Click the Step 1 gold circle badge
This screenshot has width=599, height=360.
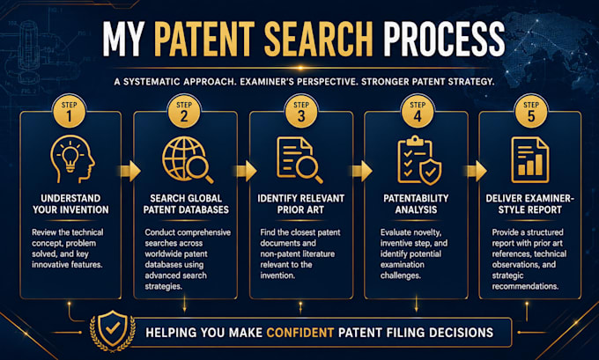point(69,112)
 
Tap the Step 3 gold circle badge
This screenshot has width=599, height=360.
point(301,112)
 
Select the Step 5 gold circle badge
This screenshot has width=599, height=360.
point(531,112)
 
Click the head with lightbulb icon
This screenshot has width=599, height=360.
point(72,158)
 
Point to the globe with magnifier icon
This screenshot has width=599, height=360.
point(187,160)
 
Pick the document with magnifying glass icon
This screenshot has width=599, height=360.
point(299,160)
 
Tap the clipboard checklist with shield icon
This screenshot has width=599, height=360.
point(419,160)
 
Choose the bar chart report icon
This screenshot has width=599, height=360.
point(530,160)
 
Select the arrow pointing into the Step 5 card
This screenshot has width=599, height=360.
point(476,171)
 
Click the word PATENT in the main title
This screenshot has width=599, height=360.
point(204,40)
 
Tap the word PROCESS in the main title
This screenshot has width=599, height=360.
point(444,40)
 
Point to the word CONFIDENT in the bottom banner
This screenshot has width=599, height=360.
point(300,333)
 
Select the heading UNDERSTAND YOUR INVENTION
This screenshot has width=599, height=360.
point(70,204)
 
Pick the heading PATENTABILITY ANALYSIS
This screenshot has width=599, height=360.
point(416,204)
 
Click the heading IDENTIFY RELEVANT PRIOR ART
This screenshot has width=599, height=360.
point(300,204)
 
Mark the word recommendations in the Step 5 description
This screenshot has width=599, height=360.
point(525,286)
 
